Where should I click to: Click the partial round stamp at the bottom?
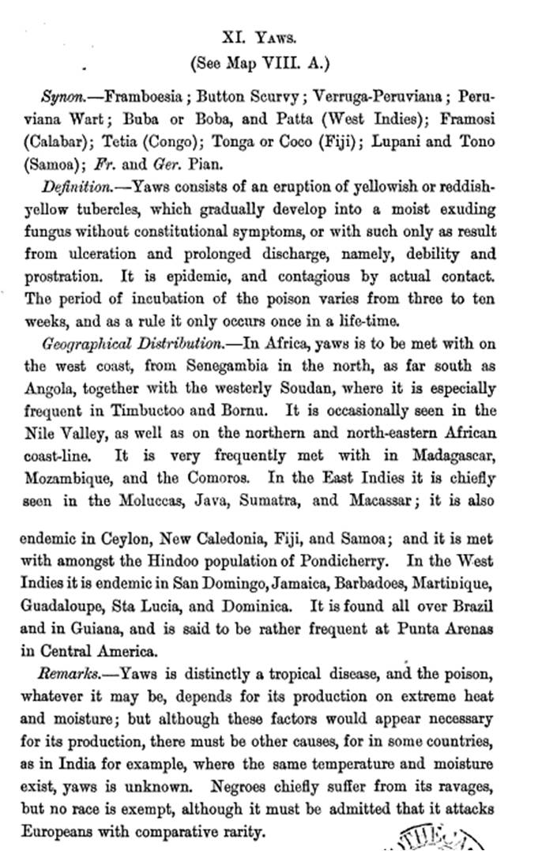(x=442, y=837)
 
